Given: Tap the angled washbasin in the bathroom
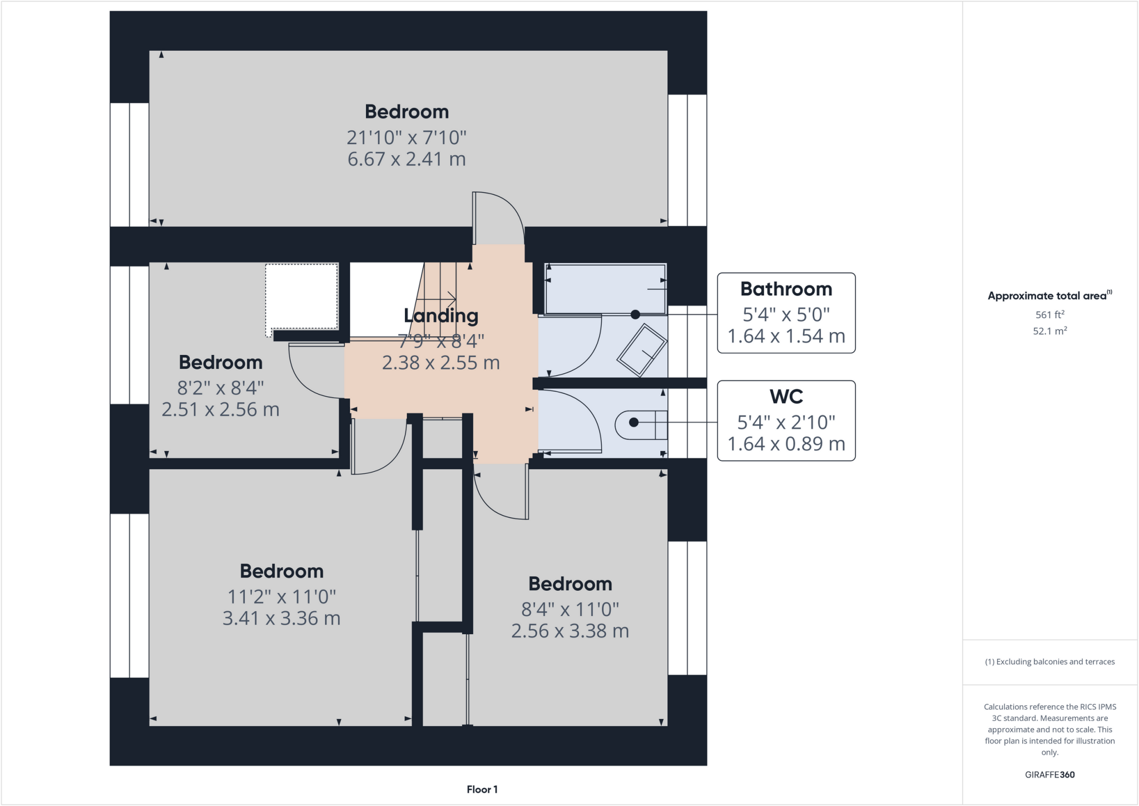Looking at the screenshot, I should click(642, 350).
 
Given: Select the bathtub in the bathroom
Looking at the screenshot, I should click(605, 289).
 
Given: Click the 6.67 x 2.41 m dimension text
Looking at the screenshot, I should click(407, 159).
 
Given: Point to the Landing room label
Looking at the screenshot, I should click(441, 315).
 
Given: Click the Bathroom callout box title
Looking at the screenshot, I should click(786, 289).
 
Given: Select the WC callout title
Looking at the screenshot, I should click(786, 397).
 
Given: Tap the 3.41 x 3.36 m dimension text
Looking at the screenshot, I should click(281, 618).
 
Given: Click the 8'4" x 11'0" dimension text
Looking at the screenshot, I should click(570, 609).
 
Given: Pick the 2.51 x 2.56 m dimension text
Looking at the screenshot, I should click(220, 409).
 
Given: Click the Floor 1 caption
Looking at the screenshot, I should click(482, 789).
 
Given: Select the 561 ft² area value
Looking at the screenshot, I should click(1049, 315).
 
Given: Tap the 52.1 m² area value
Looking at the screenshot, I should click(1049, 331).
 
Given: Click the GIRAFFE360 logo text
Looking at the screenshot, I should click(1049, 774).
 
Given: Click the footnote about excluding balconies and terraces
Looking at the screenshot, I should click(1049, 661).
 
